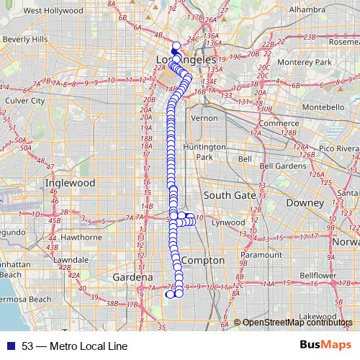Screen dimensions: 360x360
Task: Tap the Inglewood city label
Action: (x=70, y=183)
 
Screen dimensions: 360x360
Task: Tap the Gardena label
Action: (x=132, y=277)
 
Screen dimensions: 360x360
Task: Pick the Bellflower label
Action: (x=314, y=276)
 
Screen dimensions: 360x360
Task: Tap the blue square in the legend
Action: (x=8, y=346)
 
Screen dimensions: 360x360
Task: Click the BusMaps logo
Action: (x=324, y=345)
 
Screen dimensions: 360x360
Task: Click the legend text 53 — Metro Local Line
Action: (x=69, y=346)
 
